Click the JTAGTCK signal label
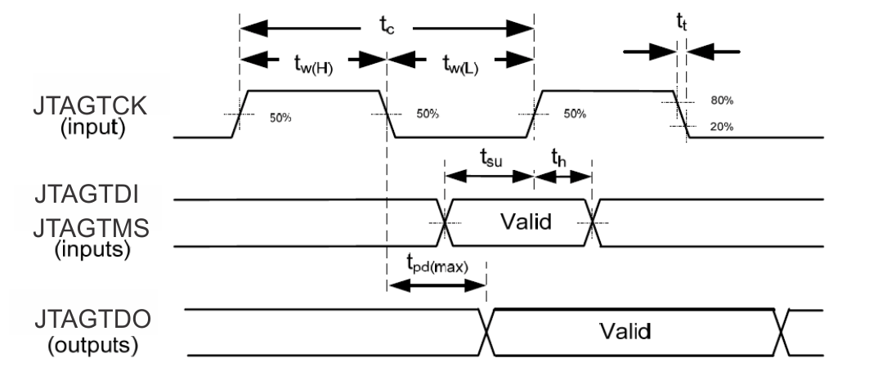click(x=92, y=106)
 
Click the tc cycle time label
click(x=386, y=24)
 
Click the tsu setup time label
click(x=488, y=158)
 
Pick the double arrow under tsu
click(x=488, y=176)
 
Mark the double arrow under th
click(x=562, y=176)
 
